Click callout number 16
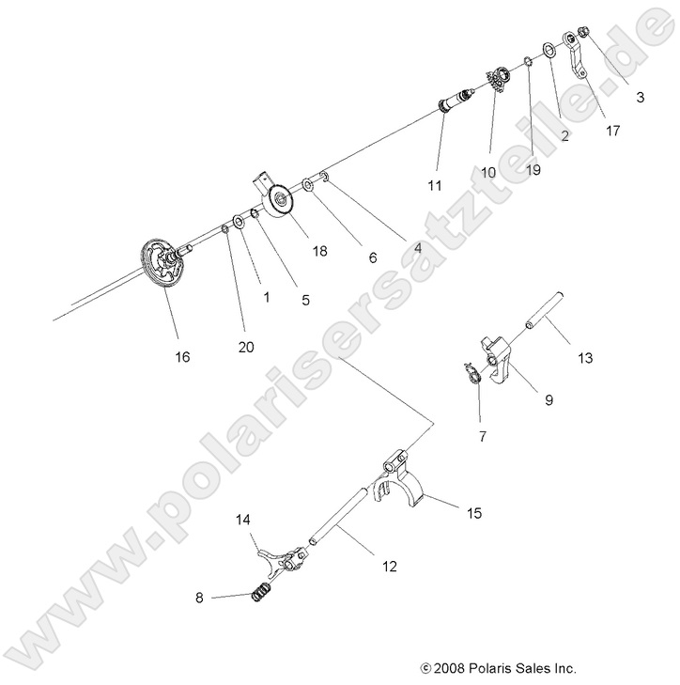(181, 356)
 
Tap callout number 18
(319, 251)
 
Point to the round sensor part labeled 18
(278, 202)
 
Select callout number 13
(585, 357)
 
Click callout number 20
(246, 347)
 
